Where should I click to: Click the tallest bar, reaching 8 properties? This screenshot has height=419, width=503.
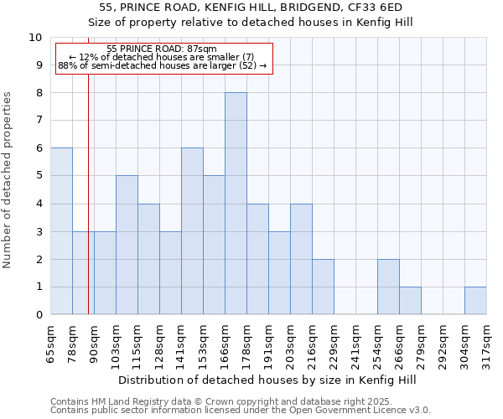tap(236, 204)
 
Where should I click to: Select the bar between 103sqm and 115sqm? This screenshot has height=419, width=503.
tap(127, 245)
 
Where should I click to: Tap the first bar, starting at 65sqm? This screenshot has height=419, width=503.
tap(61, 231)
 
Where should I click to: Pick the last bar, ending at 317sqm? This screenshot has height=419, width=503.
tap(475, 301)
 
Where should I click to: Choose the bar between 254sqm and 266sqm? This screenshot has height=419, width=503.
tap(388, 287)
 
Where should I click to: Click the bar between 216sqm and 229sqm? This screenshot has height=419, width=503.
tap(323, 287)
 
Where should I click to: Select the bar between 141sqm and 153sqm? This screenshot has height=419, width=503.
tap(192, 231)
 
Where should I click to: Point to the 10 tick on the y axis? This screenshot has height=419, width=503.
tap(35, 38)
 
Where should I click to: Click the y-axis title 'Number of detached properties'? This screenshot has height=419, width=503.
tap(8, 180)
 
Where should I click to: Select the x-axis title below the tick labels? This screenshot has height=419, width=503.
tap(267, 380)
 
